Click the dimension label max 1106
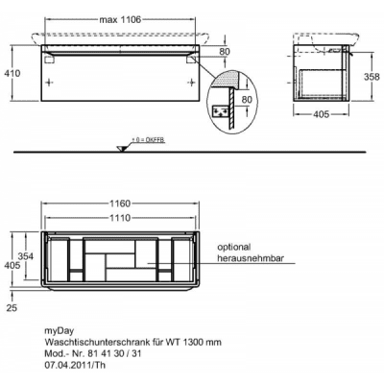coord(120,20)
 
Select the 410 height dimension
coord(12,73)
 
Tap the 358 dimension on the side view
coord(372,77)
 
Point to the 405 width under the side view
coord(321,114)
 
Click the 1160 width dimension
coord(120,204)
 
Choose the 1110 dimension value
coord(120,218)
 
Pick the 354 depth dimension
coord(26,256)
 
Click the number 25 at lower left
coord(12,308)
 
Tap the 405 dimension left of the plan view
coord(12,265)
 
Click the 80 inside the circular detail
coord(247,100)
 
